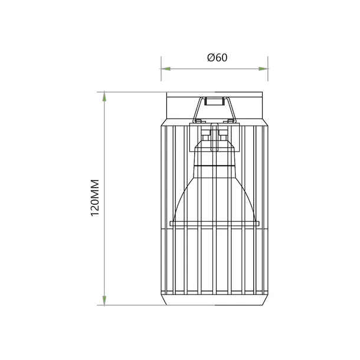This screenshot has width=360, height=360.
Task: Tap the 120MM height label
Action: (96, 198)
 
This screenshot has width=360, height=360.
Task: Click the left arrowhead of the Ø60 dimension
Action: (166, 69)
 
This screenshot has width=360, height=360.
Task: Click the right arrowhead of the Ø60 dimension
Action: (263, 69)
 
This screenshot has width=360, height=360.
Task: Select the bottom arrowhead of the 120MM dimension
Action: (105, 300)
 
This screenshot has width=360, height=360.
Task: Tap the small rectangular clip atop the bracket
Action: (215, 100)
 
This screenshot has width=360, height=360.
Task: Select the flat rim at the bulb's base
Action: (215, 223)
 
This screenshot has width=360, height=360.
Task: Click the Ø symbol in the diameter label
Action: (211, 58)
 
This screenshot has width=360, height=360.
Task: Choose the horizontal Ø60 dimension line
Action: (189, 69)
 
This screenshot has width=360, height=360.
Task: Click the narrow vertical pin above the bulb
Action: (215, 133)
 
